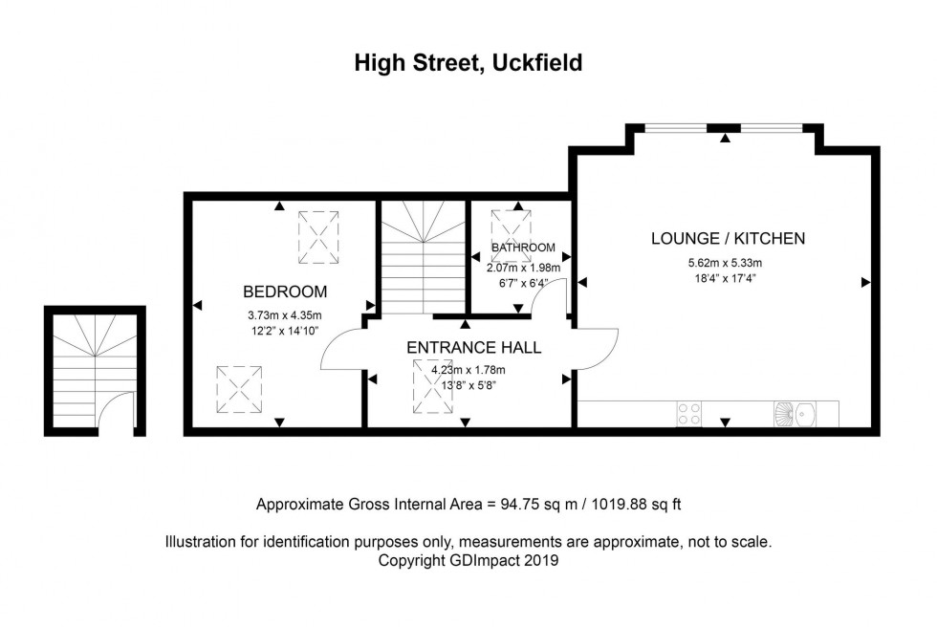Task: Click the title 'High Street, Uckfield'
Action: point(468,63)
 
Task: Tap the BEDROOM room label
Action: point(284,292)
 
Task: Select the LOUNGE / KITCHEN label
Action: point(728,238)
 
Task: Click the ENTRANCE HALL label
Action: point(473,347)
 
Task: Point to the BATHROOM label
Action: point(523,248)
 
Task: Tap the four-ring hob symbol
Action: point(688,414)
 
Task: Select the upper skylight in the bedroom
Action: point(317,237)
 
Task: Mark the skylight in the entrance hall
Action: point(431,387)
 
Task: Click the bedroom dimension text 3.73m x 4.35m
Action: point(284,316)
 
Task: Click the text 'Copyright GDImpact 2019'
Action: point(468,561)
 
